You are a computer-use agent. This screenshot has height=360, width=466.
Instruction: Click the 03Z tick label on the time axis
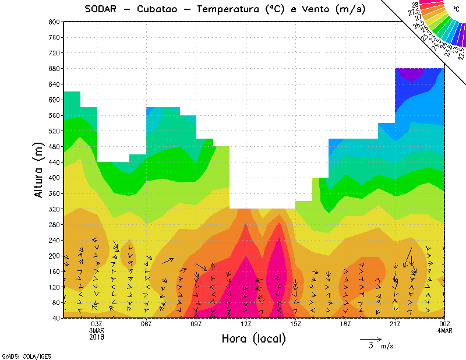97,324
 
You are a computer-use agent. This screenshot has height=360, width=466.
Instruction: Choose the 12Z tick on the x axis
246,324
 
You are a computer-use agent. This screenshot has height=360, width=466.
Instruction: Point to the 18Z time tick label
345,324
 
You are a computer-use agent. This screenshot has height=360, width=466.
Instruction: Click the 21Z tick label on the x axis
395,324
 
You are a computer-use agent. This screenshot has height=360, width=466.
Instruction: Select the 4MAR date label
444,330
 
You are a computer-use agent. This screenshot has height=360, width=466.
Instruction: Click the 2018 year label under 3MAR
97,337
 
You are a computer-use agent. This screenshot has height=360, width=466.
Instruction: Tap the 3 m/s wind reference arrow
370,338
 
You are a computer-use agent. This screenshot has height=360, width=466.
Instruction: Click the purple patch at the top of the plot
412,73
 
